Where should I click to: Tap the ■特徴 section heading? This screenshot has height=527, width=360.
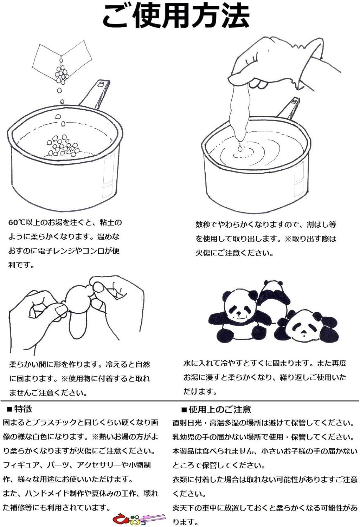click(19, 409)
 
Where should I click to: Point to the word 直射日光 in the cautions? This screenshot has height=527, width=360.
click(187, 423)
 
